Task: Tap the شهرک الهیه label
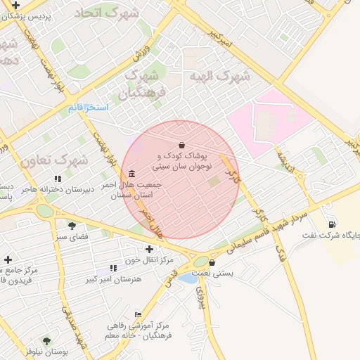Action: point(219,76)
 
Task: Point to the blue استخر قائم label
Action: point(86,108)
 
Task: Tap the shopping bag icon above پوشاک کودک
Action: point(182,145)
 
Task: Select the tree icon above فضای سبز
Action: point(72,226)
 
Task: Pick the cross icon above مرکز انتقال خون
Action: point(149,249)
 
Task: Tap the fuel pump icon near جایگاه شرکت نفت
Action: point(331,224)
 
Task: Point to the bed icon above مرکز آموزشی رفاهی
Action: point(138,314)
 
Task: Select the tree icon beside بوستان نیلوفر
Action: point(46,341)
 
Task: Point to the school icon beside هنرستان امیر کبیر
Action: point(113,269)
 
